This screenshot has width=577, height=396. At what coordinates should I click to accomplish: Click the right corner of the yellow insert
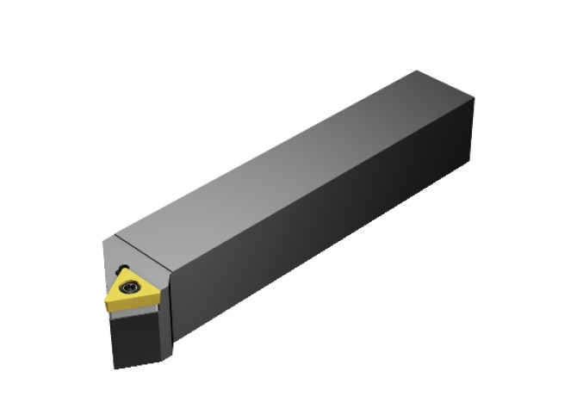160,291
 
